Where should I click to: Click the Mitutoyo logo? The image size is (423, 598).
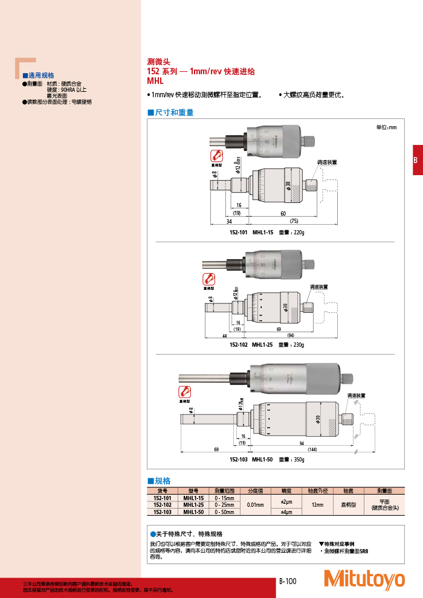364,579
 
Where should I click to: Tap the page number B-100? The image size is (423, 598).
288,581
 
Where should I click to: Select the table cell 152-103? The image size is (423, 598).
163,512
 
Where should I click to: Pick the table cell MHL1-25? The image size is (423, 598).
193,504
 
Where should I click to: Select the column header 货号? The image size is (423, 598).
163,490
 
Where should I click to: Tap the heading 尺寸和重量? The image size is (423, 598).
174,113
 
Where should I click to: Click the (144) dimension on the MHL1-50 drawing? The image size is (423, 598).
312,451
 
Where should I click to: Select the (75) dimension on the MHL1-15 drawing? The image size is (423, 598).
294,221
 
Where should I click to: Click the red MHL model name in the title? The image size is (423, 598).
156,80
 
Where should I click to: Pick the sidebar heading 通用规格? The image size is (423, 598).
40,76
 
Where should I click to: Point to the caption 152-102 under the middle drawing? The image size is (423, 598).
239,344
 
